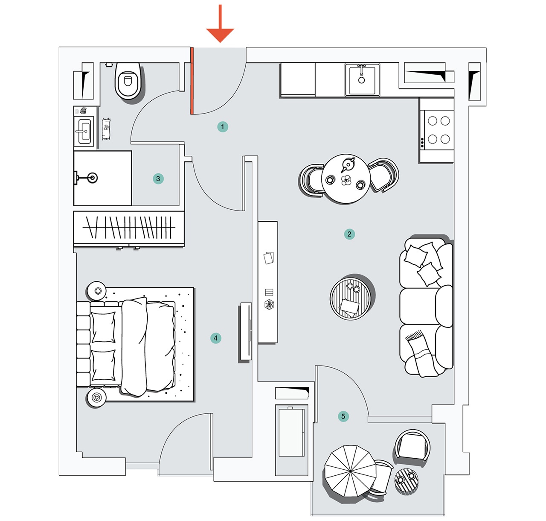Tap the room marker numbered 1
222,127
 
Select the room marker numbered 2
349,234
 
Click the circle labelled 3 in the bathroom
158,179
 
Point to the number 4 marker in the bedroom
216,338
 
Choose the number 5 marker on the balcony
343,416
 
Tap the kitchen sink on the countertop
362,79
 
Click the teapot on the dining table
348,164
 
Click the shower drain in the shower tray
92,178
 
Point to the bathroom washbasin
84,131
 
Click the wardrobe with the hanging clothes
129,228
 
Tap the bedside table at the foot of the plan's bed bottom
96,398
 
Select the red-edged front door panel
192,81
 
